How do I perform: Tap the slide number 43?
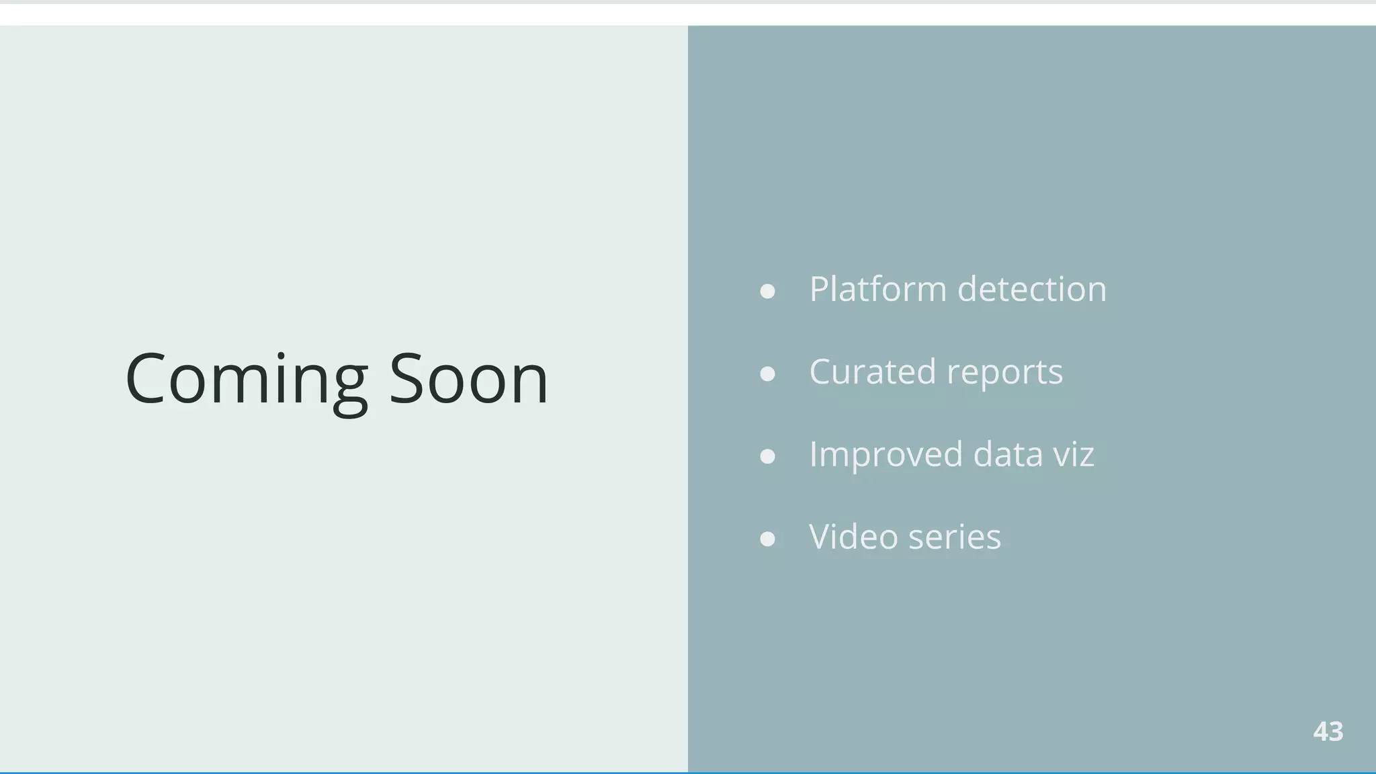pyautogui.click(x=1328, y=732)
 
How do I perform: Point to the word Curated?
pyautogui.click(x=872, y=372)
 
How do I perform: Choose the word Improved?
pyautogui.click(x=886, y=455)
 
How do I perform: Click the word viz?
pyautogui.click(x=1074, y=454)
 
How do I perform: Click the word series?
pyautogui.click(x=954, y=537)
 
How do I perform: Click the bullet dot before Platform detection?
pyautogui.click(x=767, y=292)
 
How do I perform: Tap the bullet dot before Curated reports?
pyautogui.click(x=767, y=374)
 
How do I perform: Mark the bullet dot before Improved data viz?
pyautogui.click(x=767, y=457)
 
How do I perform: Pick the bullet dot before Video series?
pyautogui.click(x=767, y=540)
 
